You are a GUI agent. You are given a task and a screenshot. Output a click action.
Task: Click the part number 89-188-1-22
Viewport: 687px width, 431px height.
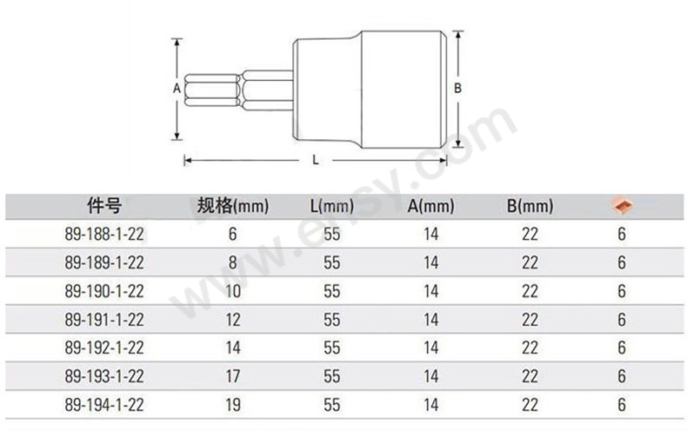coord(104,235)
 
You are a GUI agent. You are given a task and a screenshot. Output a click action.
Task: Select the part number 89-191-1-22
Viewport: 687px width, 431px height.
coord(104,320)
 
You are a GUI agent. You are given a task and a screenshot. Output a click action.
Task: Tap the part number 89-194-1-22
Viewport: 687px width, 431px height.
coord(104,405)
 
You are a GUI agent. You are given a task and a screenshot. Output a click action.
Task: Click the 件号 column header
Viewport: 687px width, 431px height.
coord(104,205)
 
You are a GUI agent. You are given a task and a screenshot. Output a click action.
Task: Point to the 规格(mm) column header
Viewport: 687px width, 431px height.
coord(233,205)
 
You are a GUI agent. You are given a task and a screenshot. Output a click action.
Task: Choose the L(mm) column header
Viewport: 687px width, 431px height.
coord(331,206)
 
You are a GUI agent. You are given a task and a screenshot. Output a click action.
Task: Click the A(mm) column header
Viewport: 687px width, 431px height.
coord(430,206)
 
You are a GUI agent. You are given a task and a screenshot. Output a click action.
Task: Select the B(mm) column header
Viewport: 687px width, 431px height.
coord(530,206)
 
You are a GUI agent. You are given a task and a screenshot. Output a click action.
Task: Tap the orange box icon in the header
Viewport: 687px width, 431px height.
coord(622,205)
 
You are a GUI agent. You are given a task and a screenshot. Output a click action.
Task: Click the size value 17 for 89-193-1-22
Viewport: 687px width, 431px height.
coord(233,376)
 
